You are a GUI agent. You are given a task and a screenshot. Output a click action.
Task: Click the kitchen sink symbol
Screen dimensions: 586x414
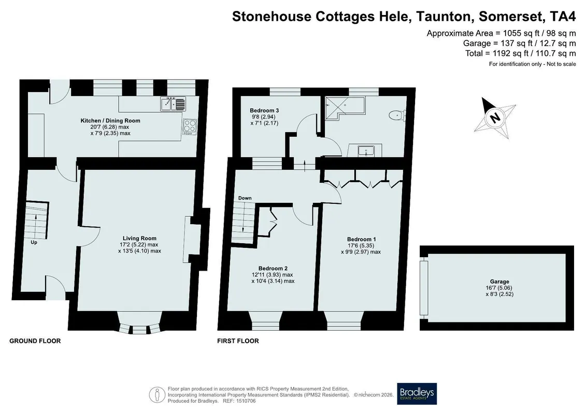point(173,104)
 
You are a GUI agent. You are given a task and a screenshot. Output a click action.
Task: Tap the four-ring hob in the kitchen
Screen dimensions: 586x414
point(190,127)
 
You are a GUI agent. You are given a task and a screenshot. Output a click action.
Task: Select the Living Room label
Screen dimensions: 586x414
point(139,238)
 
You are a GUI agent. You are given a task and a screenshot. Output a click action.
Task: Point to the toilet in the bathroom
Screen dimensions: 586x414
point(397,115)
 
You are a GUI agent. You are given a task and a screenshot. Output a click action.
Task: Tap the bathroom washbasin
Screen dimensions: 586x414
point(364,151)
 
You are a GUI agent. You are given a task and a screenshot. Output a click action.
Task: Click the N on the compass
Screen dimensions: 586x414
point(495,117)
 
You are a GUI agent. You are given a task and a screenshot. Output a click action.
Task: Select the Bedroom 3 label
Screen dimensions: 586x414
point(264,111)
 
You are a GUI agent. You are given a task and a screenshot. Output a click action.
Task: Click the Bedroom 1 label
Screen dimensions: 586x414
point(361,239)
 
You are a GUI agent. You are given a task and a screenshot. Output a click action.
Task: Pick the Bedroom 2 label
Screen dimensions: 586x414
point(273,269)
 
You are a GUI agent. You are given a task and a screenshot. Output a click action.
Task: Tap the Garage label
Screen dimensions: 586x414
point(499,282)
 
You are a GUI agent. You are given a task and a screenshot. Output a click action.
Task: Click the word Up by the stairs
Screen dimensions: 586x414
point(34,242)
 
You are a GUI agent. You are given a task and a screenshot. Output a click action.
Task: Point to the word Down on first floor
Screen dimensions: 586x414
point(245,198)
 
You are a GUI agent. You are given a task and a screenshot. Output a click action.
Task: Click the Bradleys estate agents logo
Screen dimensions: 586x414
point(417,394)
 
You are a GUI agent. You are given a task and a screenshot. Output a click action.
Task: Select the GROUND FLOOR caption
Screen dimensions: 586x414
point(35,341)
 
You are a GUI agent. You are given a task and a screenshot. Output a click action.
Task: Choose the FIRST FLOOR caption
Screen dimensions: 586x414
point(238,341)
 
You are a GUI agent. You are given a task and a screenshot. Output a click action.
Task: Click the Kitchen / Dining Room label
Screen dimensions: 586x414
point(110,121)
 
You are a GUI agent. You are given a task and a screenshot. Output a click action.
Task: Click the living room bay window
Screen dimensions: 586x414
point(140,323)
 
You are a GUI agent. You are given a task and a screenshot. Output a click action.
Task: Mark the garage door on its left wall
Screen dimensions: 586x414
point(423,288)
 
